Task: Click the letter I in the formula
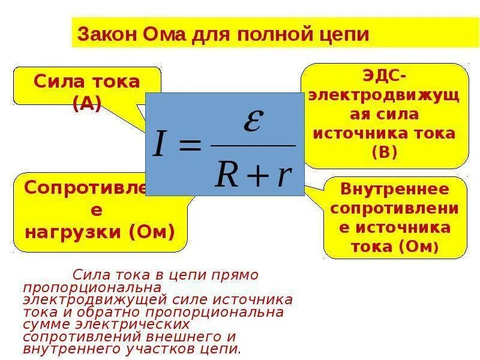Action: [159, 145]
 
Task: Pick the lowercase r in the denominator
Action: [283, 175]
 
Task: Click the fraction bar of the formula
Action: [253, 146]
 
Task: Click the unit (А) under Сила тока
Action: [87, 103]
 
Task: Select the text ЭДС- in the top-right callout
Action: [384, 76]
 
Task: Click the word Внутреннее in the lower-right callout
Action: [394, 190]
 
